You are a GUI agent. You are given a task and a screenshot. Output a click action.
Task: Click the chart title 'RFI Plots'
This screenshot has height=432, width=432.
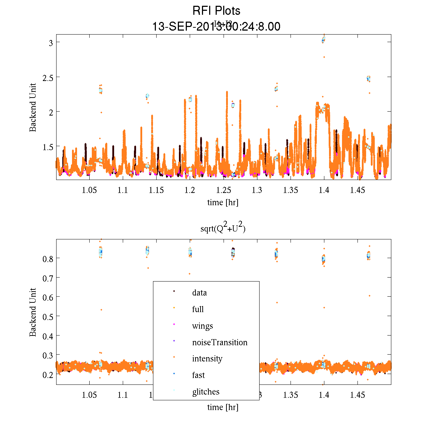[x=216, y=11]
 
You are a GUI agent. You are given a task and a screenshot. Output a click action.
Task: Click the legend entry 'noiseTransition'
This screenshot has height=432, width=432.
[x=220, y=342]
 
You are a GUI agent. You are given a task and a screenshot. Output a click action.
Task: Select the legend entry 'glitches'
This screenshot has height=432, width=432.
[x=206, y=392]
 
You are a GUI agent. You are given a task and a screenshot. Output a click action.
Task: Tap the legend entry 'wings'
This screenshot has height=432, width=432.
[x=202, y=326]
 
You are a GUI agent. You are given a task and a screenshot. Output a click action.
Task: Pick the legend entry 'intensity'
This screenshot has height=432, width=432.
[x=207, y=359]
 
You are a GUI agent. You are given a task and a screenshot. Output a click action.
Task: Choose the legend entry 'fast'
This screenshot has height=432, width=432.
[x=198, y=375]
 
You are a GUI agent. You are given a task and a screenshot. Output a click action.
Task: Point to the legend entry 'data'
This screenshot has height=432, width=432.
[x=199, y=293]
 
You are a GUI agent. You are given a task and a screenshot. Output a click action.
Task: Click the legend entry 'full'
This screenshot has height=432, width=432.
[x=198, y=309]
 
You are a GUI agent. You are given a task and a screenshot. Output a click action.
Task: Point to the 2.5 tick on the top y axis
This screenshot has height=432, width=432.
[x=48, y=77]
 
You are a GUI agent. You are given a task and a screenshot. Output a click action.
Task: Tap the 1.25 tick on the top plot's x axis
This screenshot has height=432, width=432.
[x=223, y=190]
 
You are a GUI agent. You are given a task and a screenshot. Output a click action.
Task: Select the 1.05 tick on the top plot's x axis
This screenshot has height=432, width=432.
[x=89, y=190]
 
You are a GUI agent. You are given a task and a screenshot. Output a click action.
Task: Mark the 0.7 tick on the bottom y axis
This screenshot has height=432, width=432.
[x=48, y=278]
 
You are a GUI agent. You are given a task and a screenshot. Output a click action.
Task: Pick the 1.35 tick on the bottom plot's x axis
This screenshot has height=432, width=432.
[x=291, y=395]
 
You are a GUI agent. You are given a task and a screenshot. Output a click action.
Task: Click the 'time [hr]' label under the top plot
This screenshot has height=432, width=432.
[x=222, y=202]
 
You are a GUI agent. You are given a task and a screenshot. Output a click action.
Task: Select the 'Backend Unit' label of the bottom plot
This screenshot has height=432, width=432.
[x=33, y=312]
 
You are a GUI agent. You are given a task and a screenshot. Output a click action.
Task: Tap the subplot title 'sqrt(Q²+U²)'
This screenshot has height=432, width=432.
[x=223, y=228]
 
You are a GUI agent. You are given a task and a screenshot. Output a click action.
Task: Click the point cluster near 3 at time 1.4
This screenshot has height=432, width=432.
[x=323, y=40]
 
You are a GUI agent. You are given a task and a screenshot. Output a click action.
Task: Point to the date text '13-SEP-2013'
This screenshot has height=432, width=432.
[x=184, y=27]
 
